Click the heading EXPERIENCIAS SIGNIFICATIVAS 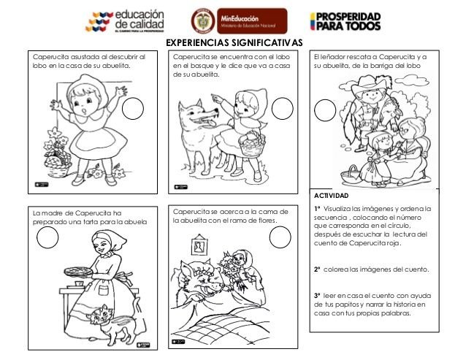click(x=229, y=43)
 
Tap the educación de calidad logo click(x=125, y=20)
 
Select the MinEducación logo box click(x=239, y=20)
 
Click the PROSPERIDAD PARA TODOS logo click(x=345, y=21)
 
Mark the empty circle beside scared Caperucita click(x=133, y=110)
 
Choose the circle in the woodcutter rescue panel click(x=325, y=110)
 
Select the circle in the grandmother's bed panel click(x=280, y=237)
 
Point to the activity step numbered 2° click(x=371, y=270)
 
